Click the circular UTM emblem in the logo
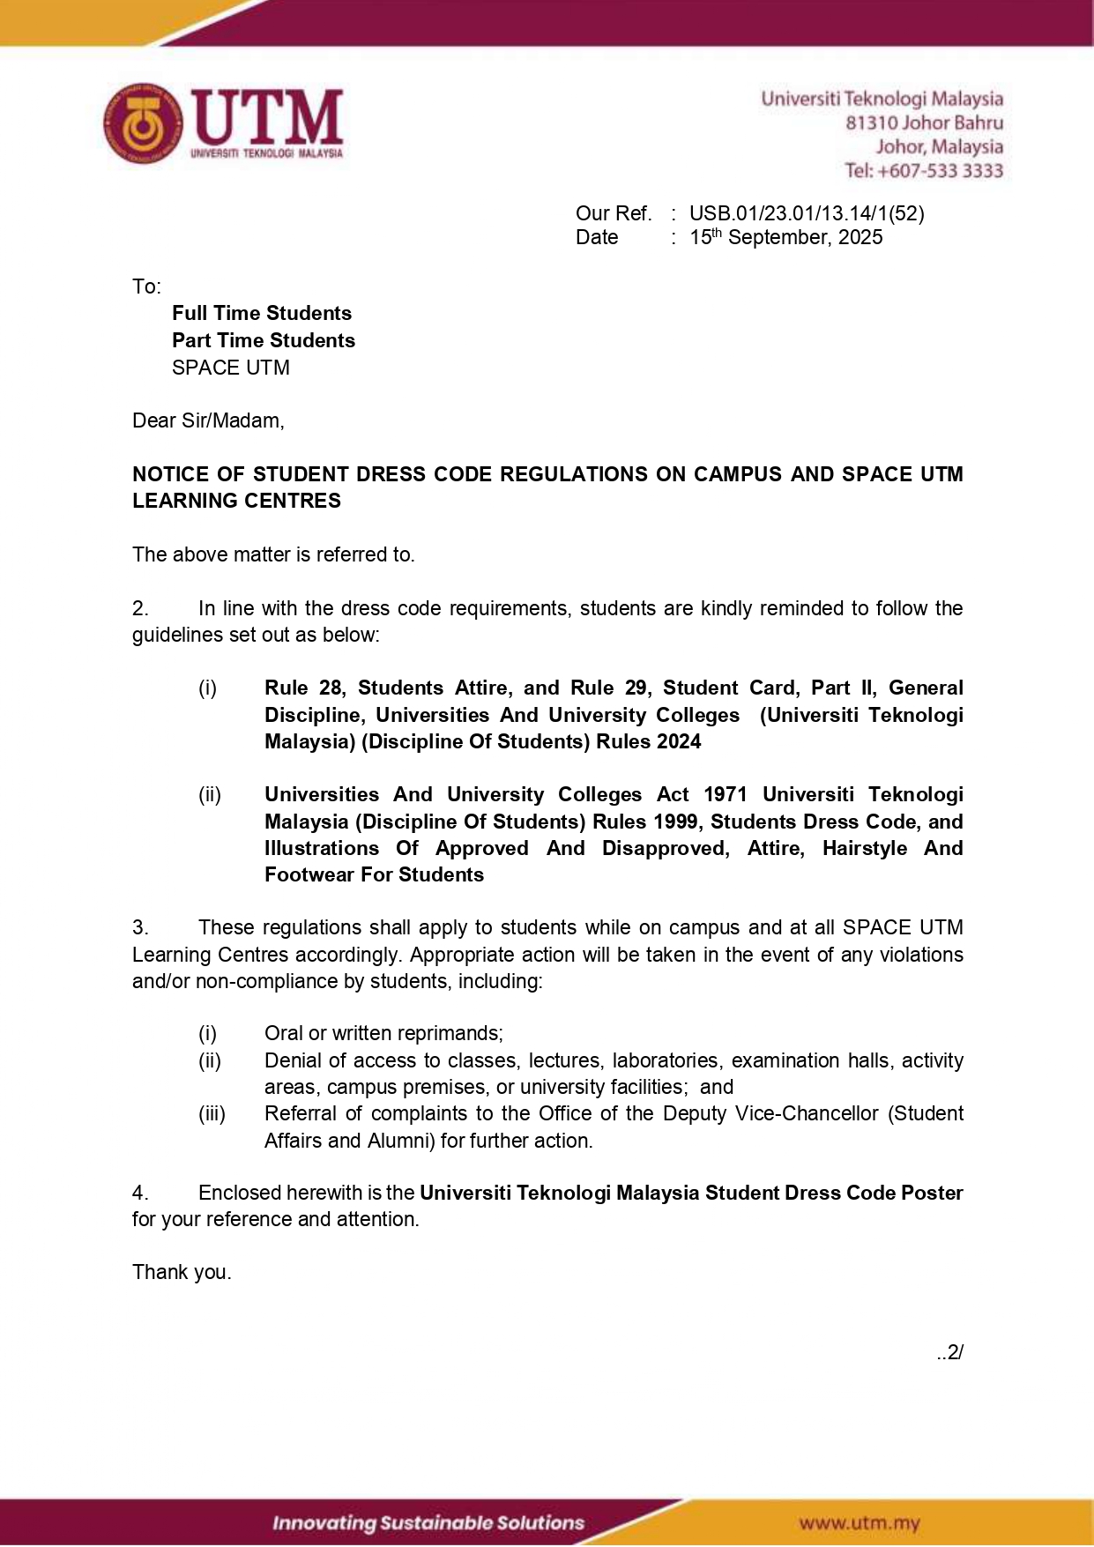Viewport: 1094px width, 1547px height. (x=143, y=124)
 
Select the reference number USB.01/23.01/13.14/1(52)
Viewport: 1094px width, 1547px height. (x=807, y=213)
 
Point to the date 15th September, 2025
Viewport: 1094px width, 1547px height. (x=785, y=237)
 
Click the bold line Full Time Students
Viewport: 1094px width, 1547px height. (x=262, y=313)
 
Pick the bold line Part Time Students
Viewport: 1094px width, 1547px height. (x=264, y=340)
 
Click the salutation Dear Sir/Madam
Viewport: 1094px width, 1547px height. (x=208, y=420)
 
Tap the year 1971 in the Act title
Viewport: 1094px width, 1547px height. (x=725, y=794)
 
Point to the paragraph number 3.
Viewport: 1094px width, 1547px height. (x=139, y=927)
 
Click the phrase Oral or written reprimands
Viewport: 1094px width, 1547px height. (x=383, y=1033)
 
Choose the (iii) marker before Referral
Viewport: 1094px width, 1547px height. (x=212, y=1113)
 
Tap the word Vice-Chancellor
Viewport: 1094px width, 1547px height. (x=807, y=1113)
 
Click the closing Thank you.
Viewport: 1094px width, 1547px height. (x=182, y=1272)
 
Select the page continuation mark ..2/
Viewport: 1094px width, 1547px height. (x=950, y=1352)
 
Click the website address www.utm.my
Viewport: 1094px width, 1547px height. (x=860, y=1522)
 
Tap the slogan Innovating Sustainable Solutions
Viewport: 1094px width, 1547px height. (x=428, y=1522)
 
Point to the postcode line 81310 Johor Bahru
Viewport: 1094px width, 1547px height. (x=924, y=123)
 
